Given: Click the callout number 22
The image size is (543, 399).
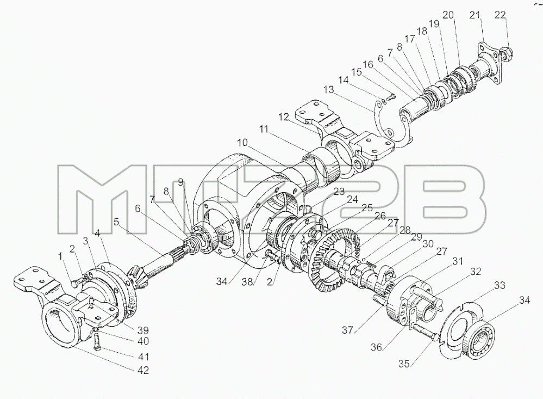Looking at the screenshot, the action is pyautogui.click(x=500, y=15).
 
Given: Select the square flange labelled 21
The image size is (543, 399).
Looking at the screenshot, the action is pyautogui.click(x=490, y=63).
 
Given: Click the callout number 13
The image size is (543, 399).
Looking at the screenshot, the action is pyautogui.click(x=328, y=90).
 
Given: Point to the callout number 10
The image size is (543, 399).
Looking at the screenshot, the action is pyautogui.click(x=243, y=143).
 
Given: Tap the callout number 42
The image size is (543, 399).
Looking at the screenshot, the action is pyautogui.click(x=143, y=370).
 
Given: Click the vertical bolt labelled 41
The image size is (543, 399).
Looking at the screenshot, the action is pyautogui.click(x=97, y=341).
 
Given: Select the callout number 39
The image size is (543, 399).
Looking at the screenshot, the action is pyautogui.click(x=143, y=330).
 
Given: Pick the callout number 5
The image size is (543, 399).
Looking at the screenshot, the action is pyautogui.click(x=116, y=221).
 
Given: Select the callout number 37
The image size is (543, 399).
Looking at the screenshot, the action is pyautogui.click(x=348, y=330).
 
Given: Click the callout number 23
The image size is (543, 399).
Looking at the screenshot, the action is pyautogui.click(x=339, y=191).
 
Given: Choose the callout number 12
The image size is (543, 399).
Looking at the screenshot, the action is pyautogui.click(x=284, y=117).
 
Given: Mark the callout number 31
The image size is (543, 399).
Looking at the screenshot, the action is pyautogui.click(x=458, y=261).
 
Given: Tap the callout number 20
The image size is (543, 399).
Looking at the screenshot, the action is pyautogui.click(x=448, y=15).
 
